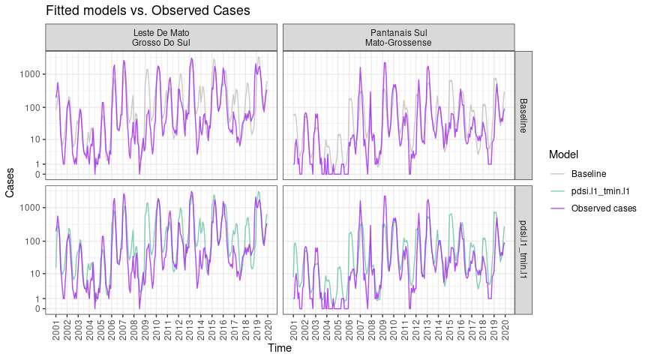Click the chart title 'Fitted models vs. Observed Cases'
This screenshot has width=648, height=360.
point(148,11)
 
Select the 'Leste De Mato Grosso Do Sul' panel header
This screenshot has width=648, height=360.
point(161,37)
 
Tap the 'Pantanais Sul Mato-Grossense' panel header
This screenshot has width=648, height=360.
point(398,37)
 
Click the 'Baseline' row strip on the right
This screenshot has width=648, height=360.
point(523,115)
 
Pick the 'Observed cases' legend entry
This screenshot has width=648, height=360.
point(604,208)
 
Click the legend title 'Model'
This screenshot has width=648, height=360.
point(563,154)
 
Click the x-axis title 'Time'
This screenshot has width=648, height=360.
point(280,348)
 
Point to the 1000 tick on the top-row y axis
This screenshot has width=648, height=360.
point(30,74)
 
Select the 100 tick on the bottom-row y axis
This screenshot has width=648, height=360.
point(32,241)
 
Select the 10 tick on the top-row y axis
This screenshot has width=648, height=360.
point(34,139)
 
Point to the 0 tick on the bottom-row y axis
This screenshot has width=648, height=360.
point(37,309)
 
